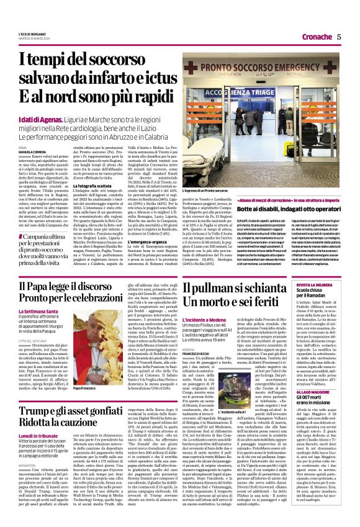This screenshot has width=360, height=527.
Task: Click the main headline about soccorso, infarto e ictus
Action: point(93,77)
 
